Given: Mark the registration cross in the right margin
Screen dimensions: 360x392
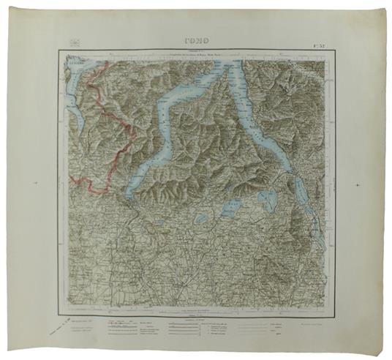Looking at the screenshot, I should coord(356,182).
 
